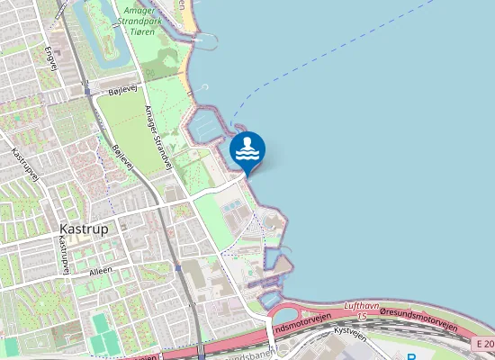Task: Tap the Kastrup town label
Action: [x=84, y=229]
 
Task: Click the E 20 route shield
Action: [x=483, y=345]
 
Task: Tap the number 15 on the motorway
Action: [x=362, y=316]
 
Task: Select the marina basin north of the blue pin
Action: [x=206, y=127]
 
